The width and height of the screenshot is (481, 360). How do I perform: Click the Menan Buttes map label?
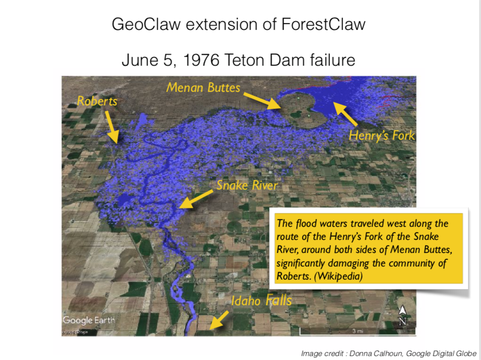point(203,88)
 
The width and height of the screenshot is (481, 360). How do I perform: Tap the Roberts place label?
point(97,101)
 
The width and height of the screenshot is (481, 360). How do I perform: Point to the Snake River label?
point(247,185)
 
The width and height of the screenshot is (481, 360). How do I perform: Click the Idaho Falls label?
point(261,300)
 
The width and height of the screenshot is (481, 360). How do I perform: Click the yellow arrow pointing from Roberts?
point(112,127)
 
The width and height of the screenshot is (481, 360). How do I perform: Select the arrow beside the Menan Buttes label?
point(263,101)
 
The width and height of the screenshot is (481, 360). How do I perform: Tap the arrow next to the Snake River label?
point(196,199)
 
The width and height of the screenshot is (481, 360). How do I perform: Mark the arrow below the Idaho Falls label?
point(220,320)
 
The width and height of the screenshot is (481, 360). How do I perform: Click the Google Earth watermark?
point(89,320)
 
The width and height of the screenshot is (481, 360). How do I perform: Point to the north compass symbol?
point(403,315)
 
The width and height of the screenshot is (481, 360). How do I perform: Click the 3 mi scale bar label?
point(358,331)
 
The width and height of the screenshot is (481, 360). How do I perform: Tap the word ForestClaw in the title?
point(323,24)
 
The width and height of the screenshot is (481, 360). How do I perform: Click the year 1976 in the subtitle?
point(201,60)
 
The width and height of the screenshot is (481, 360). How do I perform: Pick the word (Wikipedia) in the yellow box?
point(338,276)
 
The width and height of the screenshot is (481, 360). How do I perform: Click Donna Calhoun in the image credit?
point(376,354)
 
